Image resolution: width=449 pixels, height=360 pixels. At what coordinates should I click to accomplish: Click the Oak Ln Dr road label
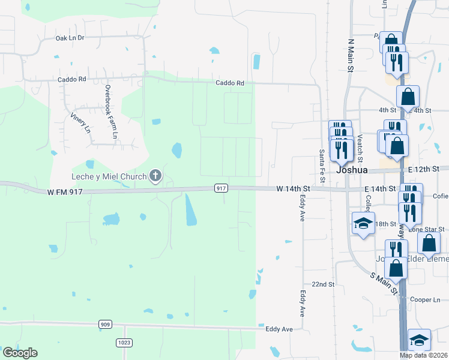78,38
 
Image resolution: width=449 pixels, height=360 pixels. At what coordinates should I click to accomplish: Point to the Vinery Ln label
80,123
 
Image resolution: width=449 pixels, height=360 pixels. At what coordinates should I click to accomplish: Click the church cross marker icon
155,176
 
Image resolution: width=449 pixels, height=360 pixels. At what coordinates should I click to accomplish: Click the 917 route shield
221,188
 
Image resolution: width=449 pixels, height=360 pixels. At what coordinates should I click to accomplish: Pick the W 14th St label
292,188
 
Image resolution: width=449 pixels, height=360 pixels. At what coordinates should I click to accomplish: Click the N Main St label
352,57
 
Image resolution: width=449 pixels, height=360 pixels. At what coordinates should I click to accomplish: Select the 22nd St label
322,284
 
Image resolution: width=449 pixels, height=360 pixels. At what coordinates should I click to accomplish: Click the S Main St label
384,283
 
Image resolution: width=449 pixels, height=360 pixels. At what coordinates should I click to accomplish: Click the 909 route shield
106,325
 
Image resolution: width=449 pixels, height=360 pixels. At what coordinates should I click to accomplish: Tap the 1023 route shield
124,342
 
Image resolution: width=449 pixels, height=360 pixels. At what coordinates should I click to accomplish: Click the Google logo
20,353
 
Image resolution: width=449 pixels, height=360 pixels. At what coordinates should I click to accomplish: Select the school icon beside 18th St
363,224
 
